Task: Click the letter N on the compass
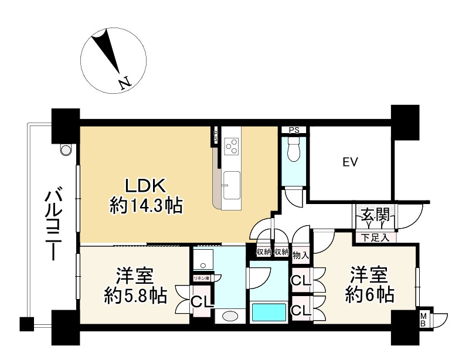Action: coord(124,84)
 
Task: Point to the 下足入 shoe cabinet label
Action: coord(375,237)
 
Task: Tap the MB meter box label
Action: coord(423,320)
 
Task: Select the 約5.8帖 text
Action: coord(135,293)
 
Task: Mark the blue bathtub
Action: coord(269,313)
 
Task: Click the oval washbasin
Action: coord(231,317)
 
